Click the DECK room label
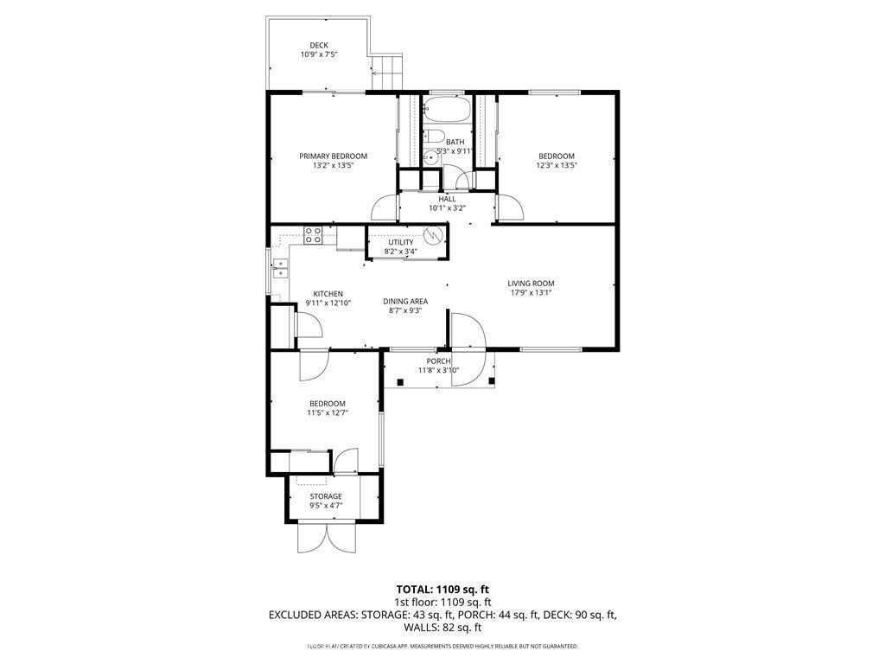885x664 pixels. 319,46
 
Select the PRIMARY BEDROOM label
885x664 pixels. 333,156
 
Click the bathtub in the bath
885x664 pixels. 446,111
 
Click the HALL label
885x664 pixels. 447,199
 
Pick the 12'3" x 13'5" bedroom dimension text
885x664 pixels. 557,166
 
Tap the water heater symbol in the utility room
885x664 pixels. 434,234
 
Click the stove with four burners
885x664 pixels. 314,233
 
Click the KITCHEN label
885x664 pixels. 328,294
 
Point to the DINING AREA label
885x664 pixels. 405,302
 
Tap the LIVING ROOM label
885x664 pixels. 531,283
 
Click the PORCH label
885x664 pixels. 438,361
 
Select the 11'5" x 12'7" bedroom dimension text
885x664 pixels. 328,413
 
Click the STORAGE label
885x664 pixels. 326,496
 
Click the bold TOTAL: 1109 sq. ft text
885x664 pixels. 442,589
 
